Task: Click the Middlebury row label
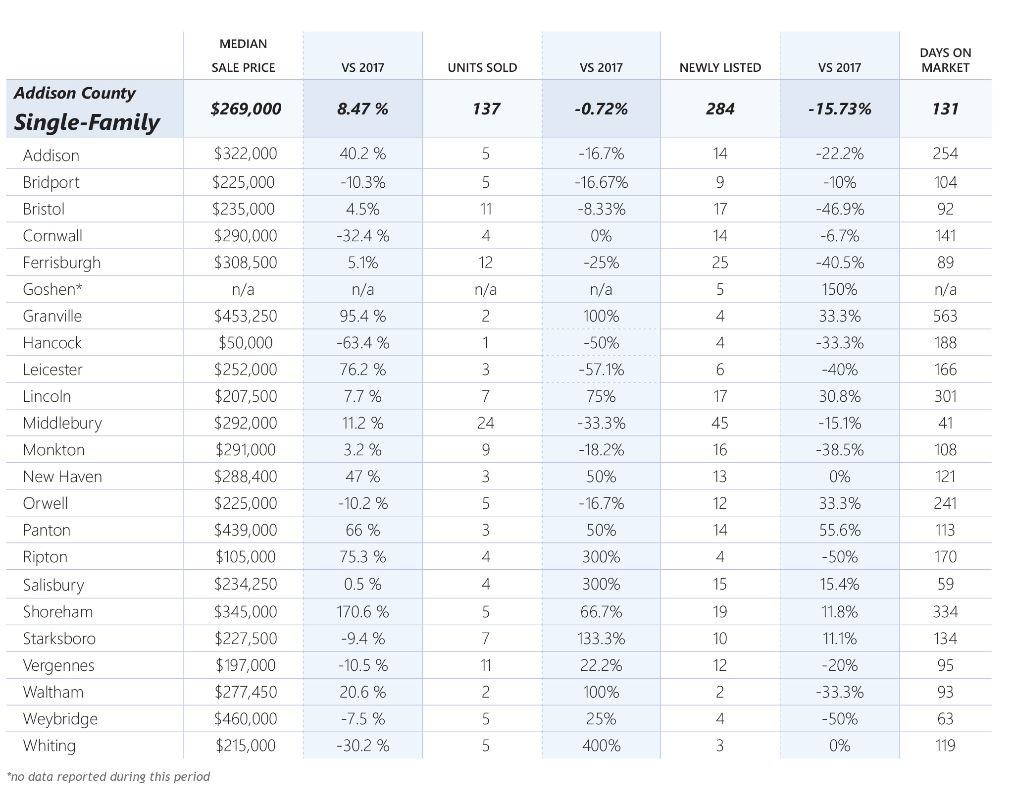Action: click(62, 424)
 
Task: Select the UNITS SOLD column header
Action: click(482, 67)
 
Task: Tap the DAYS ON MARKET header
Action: click(945, 60)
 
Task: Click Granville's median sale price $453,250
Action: click(246, 316)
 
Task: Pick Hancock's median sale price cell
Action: click(246, 343)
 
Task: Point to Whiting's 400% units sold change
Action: click(601, 746)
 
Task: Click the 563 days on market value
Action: click(945, 316)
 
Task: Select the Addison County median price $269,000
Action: click(246, 109)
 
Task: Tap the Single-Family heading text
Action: click(87, 122)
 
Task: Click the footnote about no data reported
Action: click(108, 776)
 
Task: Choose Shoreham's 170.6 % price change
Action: click(363, 612)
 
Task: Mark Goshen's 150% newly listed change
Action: click(840, 289)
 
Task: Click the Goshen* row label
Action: click(52, 289)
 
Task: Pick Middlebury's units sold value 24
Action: click(486, 423)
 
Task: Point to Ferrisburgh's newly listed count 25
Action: click(720, 263)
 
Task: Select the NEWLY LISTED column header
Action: click(720, 67)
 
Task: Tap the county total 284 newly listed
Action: click(720, 109)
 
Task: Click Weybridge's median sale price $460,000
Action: click(246, 719)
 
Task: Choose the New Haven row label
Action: click(62, 477)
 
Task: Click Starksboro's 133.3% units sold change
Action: click(601, 639)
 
